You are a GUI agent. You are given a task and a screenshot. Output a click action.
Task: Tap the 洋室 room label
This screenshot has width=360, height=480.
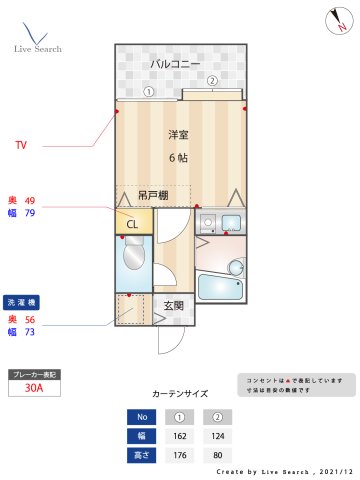178,134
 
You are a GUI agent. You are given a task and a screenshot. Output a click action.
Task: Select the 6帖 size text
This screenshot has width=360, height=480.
177,158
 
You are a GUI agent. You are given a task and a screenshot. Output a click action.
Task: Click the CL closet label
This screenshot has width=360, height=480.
132,224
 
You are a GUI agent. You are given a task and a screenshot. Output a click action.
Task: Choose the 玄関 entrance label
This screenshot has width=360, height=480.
172,306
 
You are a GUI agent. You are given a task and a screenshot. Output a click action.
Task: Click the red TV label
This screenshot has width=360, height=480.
21,146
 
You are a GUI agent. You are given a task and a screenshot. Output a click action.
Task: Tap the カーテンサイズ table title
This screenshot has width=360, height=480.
179,394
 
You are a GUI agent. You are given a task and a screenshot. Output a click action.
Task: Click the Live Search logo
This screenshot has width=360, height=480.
37,38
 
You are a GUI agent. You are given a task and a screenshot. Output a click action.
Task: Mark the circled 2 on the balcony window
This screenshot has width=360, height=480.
212,81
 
